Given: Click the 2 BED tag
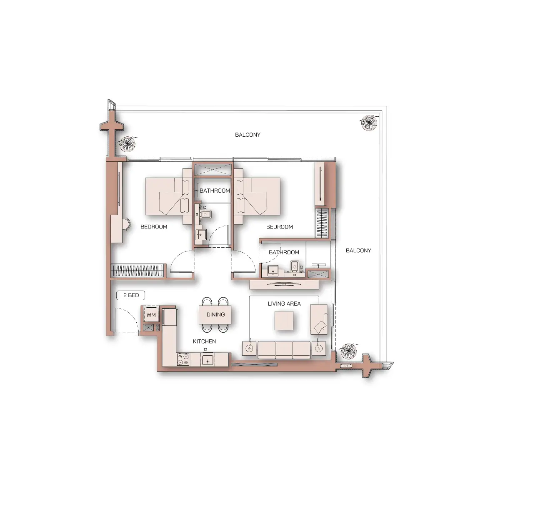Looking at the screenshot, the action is click(131, 295).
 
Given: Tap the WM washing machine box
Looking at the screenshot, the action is click(151, 315).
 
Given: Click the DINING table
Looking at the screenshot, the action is click(215, 315).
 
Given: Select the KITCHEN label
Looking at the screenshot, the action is click(204, 341).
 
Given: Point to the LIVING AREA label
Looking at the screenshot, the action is click(284, 304).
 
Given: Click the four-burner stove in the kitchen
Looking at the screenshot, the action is click(183, 359).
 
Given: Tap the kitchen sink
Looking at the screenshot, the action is click(208, 359).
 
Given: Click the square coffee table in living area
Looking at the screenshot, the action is click(284, 320).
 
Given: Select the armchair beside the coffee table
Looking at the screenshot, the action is click(319, 319).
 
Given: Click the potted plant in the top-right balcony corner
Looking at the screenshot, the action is click(369, 123).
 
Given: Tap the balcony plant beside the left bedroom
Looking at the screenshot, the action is click(128, 144).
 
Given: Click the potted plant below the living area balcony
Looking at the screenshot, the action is click(348, 351).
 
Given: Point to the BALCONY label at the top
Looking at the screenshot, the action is click(248, 135).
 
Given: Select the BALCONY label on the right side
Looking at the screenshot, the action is click(358, 251).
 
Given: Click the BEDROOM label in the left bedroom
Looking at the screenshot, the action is click(154, 227).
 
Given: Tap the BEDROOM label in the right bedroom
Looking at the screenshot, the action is click(279, 227).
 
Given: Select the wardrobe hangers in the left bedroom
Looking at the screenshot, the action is click(138, 270).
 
